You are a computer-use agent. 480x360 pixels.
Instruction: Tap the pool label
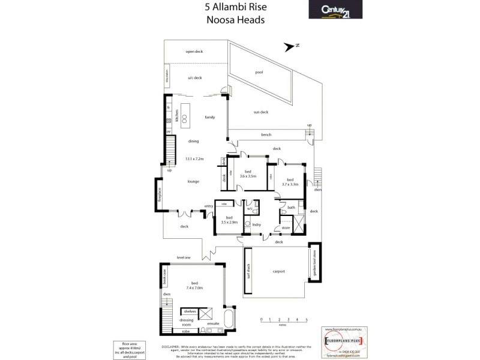point(259,72)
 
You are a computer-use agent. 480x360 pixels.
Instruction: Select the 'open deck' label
point(194,52)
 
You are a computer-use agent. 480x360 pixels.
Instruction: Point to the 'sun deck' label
point(260,112)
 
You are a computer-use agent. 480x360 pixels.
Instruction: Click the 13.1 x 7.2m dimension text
point(195,159)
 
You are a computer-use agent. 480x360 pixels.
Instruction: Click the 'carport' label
point(278,271)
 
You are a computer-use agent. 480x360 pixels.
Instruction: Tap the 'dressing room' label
point(187,322)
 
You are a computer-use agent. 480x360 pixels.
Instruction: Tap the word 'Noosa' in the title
point(218,19)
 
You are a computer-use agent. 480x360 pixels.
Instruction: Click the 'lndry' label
point(256,224)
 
